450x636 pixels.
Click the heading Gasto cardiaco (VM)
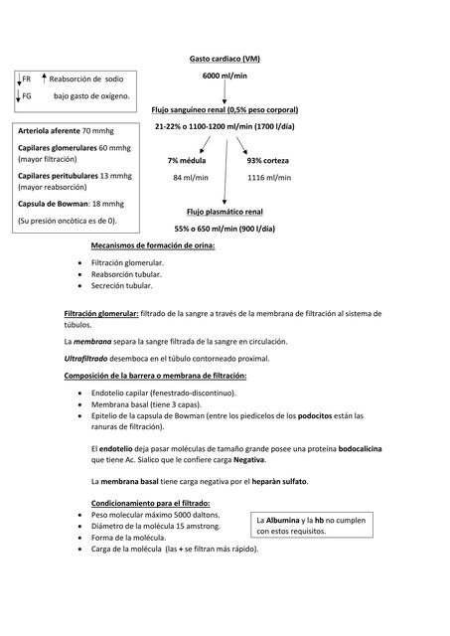[x=225, y=60]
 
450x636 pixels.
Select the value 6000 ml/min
[x=225, y=76]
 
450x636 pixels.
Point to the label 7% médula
[x=187, y=160]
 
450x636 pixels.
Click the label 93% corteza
[x=268, y=160]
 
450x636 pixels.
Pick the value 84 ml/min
[x=190, y=178]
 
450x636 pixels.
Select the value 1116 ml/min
[x=268, y=178]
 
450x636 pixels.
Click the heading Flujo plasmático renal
[x=225, y=212]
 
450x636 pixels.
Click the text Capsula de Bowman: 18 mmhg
[x=66, y=204]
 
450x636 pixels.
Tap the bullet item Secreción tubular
[x=121, y=285]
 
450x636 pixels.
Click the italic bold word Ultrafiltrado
[x=90, y=358]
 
